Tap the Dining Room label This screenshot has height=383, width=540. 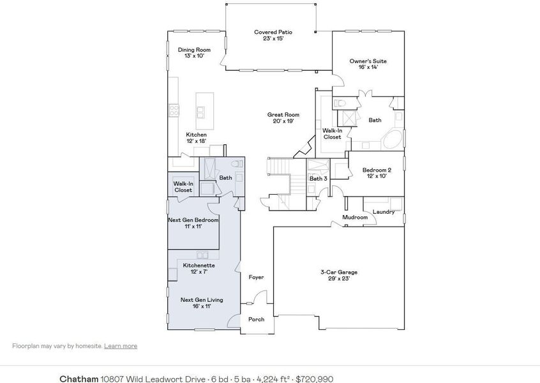194,52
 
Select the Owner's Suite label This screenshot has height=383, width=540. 368,64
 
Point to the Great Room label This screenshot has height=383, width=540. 283,118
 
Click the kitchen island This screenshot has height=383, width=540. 205,106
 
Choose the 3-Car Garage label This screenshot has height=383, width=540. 339,275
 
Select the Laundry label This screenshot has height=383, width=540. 384,212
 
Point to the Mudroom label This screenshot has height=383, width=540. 355,218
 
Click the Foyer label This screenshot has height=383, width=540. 256,277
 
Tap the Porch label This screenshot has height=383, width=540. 256,319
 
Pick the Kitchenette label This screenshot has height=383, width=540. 199,268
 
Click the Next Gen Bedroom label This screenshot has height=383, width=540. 193,223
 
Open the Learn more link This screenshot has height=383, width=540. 121,346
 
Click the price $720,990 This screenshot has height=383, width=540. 313,379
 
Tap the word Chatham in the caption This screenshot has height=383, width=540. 79,379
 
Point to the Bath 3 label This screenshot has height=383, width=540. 318,179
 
